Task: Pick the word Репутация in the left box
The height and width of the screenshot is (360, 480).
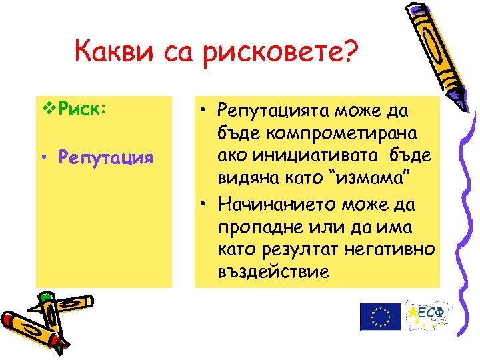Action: [105, 159]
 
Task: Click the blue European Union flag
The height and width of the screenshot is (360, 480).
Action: [380, 316]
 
